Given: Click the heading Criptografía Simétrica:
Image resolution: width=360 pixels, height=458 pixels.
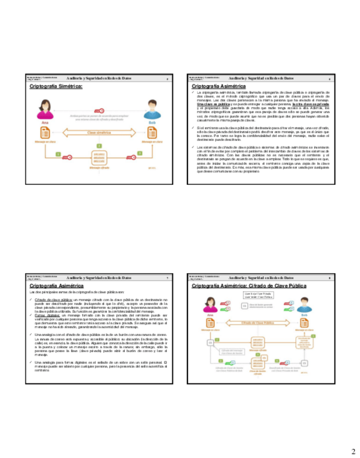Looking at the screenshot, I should [x=55, y=85].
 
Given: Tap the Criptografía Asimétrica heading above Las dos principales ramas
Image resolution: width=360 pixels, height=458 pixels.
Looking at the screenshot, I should [x=56, y=285].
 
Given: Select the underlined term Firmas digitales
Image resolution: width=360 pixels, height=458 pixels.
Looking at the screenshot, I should [x=47, y=314].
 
